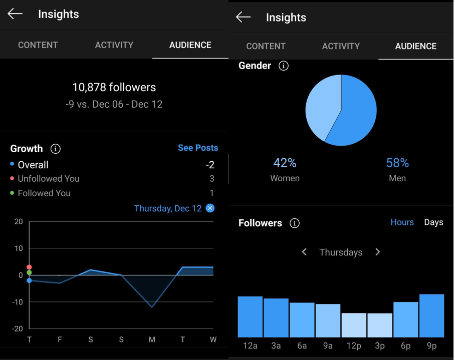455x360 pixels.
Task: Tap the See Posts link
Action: pyautogui.click(x=198, y=148)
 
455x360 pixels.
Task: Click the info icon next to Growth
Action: pyautogui.click(x=56, y=149)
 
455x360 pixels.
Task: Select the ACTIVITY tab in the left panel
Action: pyautogui.click(x=114, y=45)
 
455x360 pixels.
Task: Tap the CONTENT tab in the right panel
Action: pyautogui.click(x=266, y=46)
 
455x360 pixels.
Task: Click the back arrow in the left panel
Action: pyautogui.click(x=15, y=14)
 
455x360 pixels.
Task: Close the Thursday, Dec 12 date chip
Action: pyautogui.click(x=210, y=208)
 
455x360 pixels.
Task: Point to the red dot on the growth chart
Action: pyautogui.click(x=29, y=267)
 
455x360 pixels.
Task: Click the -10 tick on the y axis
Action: pyautogui.click(x=18, y=302)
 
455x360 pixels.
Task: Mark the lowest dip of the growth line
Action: pyautogui.click(x=152, y=306)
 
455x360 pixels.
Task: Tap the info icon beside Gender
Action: pyautogui.click(x=284, y=66)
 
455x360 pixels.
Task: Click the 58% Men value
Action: pyautogui.click(x=397, y=163)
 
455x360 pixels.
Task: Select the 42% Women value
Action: pyautogui.click(x=285, y=163)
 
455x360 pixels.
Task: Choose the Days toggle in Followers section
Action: pyautogui.click(x=433, y=222)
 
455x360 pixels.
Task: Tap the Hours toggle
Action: pyautogui.click(x=402, y=222)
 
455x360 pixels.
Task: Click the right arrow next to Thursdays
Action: pyautogui.click(x=378, y=252)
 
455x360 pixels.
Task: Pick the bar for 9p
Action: pyautogui.click(x=431, y=315)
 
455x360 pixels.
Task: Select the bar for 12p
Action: pyautogui.click(x=354, y=325)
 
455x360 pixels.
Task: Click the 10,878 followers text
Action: pyautogui.click(x=114, y=87)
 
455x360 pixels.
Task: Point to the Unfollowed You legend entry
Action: pyautogui.click(x=48, y=179)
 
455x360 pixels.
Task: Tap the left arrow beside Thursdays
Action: pyautogui.click(x=304, y=252)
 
